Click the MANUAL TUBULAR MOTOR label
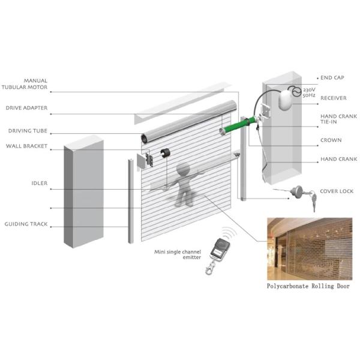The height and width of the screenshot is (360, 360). click(25, 84)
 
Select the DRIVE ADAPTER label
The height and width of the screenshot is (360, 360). click(26, 108)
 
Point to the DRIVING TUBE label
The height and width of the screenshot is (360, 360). click(28, 131)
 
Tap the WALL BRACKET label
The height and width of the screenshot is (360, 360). click(26, 146)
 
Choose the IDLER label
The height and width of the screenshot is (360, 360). click(40, 183)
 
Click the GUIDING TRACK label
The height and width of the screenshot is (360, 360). click(26, 224)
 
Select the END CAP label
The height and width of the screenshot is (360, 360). click(332, 78)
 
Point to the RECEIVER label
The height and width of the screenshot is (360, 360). click(334, 98)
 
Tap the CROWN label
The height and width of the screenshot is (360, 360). click(331, 140)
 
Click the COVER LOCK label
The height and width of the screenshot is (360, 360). click(337, 191)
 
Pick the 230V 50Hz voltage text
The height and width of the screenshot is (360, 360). click(309, 92)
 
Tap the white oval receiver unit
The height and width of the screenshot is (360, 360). click(286, 99)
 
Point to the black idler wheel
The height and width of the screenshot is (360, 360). click(165, 153)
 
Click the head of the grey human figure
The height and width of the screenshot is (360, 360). click(183, 169)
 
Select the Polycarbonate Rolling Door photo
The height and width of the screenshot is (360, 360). click(310, 249)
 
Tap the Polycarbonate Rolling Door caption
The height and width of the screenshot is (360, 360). click(308, 286)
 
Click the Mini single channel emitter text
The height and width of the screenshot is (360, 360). click(178, 254)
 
